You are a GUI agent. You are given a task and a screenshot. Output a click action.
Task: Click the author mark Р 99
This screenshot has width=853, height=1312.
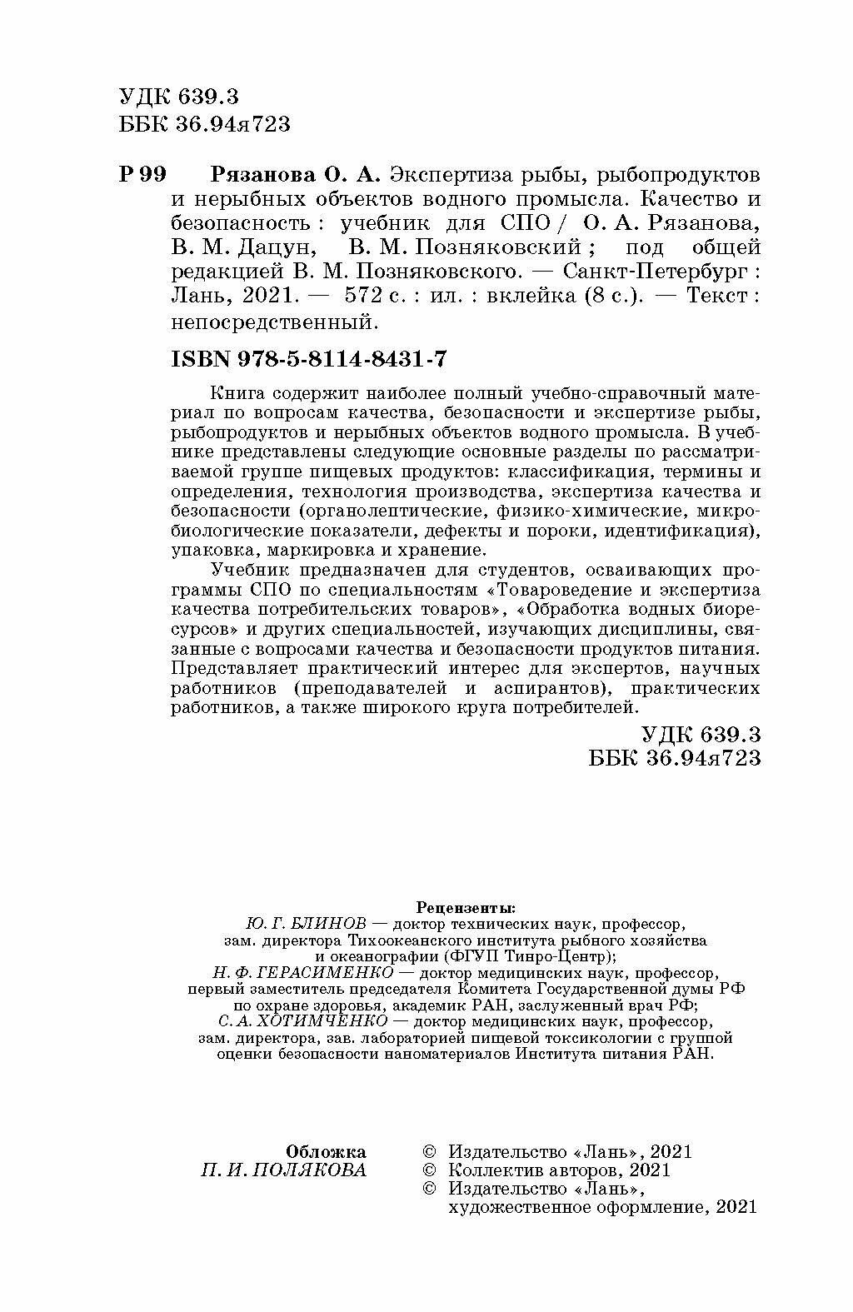coord(142,176)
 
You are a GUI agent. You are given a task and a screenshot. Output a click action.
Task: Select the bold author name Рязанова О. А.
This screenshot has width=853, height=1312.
coord(296,176)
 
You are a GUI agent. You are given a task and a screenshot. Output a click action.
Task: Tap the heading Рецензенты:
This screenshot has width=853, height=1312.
coord(465,906)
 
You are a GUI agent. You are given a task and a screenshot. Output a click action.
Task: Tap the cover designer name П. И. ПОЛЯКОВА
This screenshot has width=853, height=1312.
coord(283,1170)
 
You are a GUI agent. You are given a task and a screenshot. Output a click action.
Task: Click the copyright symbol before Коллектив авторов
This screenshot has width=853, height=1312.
coord(430,1170)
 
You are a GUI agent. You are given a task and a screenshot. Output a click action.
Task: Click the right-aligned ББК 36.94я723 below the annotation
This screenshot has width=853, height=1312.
coord(675,757)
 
